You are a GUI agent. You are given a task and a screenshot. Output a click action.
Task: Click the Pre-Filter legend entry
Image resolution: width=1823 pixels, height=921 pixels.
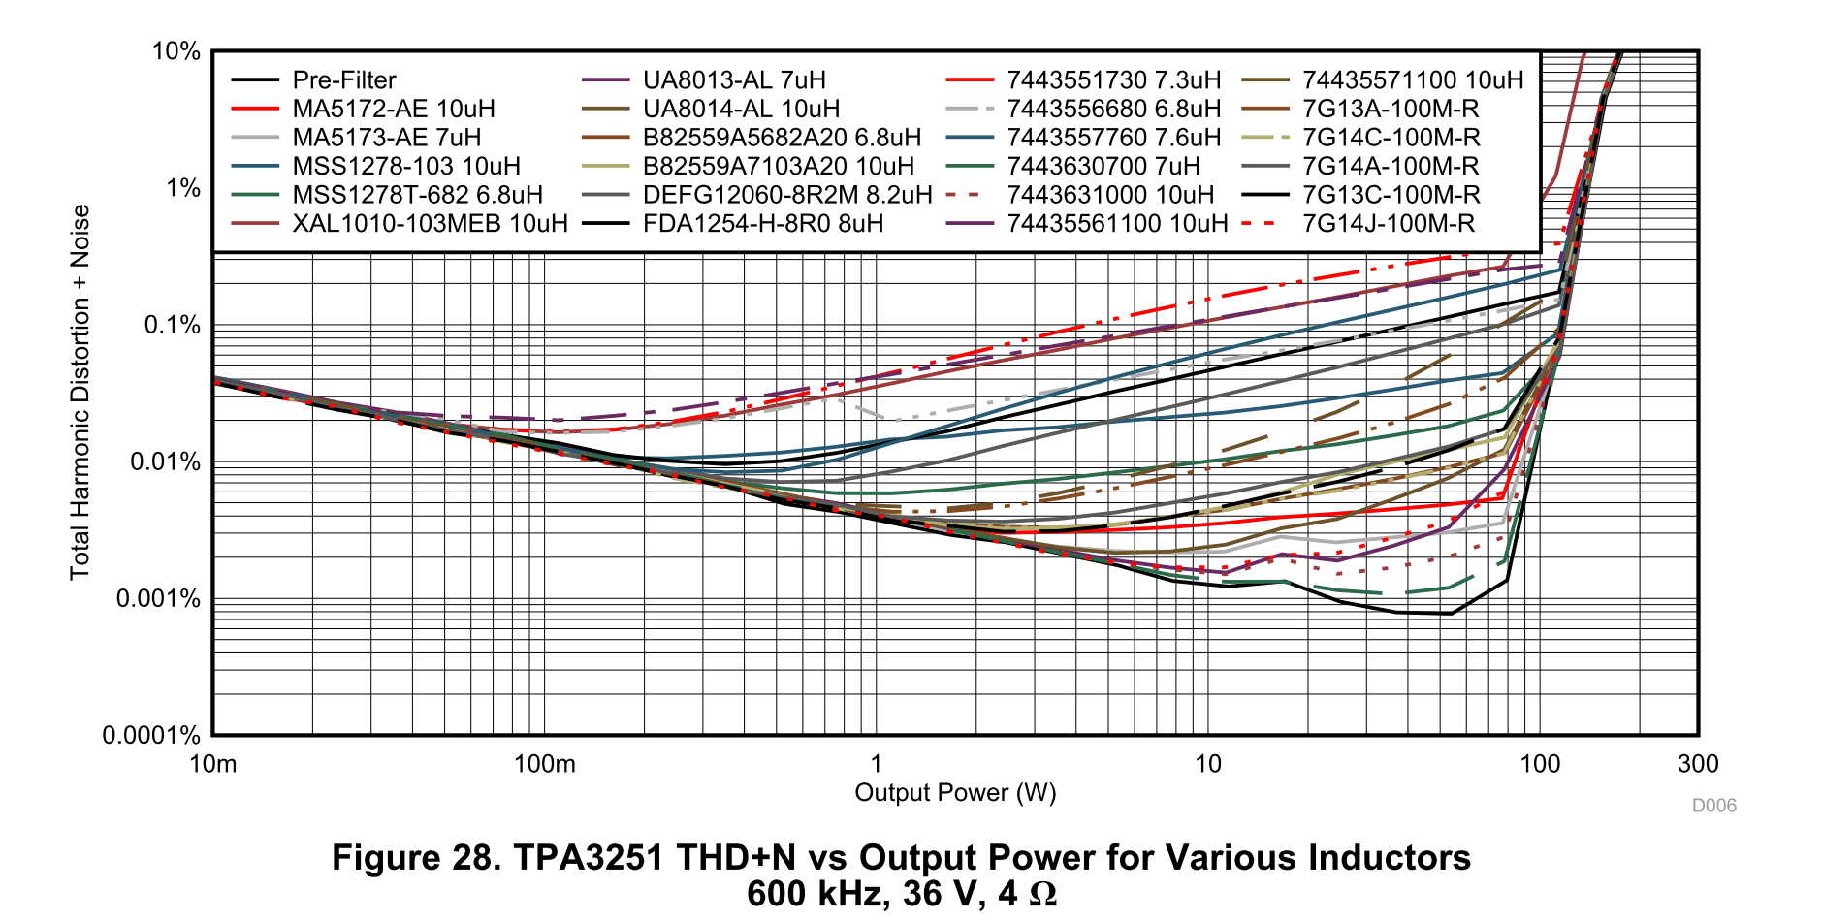click(344, 80)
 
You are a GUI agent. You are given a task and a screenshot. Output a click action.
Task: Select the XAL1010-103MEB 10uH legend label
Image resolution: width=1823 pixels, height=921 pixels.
click(430, 224)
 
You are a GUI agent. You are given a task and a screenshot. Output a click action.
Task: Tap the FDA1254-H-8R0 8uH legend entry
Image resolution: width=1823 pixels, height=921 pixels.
click(763, 224)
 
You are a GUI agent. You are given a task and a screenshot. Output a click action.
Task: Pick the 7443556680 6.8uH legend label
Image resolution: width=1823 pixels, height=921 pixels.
click(1113, 110)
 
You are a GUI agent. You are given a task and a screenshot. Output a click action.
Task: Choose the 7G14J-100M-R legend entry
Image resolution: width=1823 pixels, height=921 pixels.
click(1388, 224)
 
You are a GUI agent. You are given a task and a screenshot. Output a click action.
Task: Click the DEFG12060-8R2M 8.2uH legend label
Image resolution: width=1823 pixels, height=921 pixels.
click(787, 195)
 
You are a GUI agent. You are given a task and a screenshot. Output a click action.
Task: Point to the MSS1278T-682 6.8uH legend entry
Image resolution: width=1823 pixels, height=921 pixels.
click(417, 195)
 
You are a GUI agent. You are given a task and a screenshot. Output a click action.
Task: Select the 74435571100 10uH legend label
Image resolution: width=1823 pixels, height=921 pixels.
click(1413, 80)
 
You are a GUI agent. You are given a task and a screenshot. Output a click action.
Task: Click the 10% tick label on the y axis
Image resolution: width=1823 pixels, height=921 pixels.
click(176, 51)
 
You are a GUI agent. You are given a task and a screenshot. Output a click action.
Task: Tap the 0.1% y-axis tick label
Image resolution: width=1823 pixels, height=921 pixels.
click(172, 325)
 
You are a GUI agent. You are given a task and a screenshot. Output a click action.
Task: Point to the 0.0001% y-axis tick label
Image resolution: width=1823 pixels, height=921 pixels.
click(151, 735)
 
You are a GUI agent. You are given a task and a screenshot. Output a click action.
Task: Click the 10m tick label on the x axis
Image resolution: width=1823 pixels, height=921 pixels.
click(212, 764)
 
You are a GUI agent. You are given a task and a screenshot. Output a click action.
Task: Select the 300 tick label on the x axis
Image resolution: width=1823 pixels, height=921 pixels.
click(1698, 764)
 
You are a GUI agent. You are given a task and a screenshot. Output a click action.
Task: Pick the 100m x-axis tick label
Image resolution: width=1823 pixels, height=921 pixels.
click(544, 764)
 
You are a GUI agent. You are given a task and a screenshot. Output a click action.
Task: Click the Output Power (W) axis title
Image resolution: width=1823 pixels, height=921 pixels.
click(955, 793)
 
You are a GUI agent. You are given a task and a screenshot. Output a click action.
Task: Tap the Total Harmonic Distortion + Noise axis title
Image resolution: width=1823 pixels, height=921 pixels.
click(80, 392)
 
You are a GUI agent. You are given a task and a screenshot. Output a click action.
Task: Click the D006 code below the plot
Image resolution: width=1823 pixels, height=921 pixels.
click(1713, 806)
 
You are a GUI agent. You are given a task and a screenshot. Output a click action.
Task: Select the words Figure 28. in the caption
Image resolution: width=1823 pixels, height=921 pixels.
click(416, 858)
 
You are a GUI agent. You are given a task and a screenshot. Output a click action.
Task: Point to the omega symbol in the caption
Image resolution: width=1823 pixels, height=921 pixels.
click(1042, 894)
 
